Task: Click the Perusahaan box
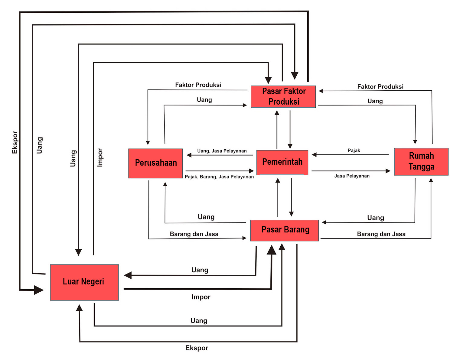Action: [x=155, y=163]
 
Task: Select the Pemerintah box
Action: [x=282, y=162]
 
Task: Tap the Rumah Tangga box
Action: [x=421, y=162]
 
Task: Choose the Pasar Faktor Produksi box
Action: [x=283, y=96]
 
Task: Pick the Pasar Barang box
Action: [x=285, y=230]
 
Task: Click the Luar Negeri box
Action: [x=84, y=282]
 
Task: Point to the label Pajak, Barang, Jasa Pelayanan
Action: [x=219, y=177]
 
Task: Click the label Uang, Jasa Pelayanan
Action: [x=222, y=151]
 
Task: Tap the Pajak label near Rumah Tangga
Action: [x=354, y=150]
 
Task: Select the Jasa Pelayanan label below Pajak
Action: [x=352, y=176]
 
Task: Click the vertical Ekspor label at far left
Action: [x=15, y=142]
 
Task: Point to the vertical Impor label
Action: [x=100, y=157]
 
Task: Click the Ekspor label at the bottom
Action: [x=197, y=348]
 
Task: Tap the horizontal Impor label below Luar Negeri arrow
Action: [x=201, y=297]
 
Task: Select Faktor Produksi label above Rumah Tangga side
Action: [x=380, y=87]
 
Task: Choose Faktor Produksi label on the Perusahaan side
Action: [x=198, y=85]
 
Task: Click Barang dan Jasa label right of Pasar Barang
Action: [x=381, y=234]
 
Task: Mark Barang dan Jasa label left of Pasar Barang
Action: [x=194, y=234]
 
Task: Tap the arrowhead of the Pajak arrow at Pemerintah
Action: [x=314, y=155]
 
